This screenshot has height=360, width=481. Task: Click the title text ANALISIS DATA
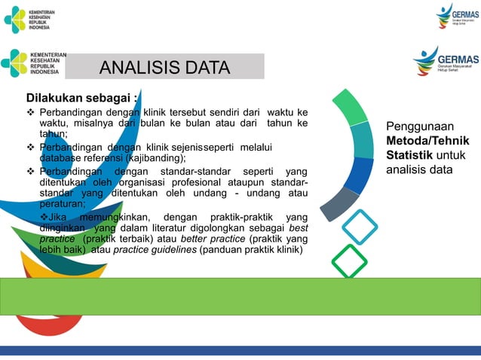click(164, 68)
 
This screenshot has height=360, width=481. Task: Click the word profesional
click(211, 182)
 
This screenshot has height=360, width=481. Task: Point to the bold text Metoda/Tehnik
click(427, 142)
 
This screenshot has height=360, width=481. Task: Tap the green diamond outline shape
click(349, 261)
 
